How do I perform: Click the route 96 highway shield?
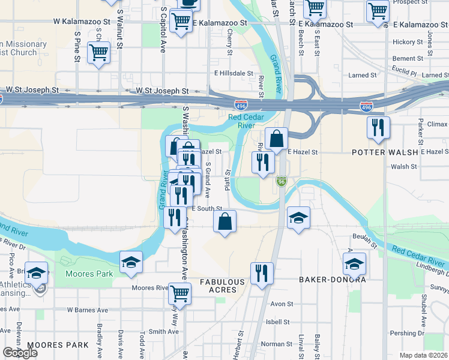point(281,181)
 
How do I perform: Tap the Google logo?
point(20,353)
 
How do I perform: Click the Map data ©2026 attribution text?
point(424,355)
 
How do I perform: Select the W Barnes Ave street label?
point(88,310)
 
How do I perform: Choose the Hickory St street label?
point(408,42)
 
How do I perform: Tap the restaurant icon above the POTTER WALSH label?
point(378,127)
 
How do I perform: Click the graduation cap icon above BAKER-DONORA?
point(354,263)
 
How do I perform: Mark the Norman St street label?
point(276,344)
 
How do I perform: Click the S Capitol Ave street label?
point(163,30)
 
